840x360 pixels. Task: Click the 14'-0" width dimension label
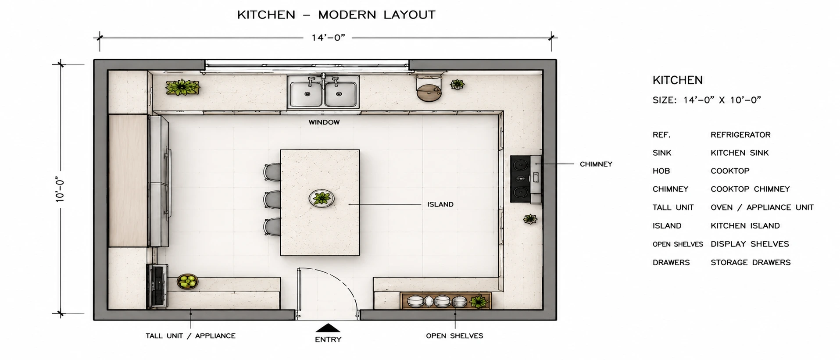[329, 38]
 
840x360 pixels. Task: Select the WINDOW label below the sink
[324, 122]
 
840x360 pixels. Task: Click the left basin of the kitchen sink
[307, 94]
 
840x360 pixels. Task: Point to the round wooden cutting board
[429, 92]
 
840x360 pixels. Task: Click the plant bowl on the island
[322, 199]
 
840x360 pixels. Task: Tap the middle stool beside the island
[272, 200]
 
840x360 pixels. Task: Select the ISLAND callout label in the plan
[440, 204]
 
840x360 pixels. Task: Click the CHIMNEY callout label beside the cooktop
[596, 164]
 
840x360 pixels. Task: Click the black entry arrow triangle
[328, 328]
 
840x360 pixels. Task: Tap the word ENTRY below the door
[328, 339]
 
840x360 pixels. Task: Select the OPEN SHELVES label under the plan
[454, 336]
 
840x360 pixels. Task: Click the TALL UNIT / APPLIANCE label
[190, 336]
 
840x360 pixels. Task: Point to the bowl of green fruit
[188, 282]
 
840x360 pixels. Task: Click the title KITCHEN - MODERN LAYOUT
[336, 15]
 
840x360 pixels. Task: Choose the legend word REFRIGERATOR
[740, 135]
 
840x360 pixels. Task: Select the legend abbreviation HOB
[661, 171]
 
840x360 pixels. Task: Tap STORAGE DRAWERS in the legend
[751, 263]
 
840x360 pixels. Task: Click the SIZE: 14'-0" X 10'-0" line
[707, 100]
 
